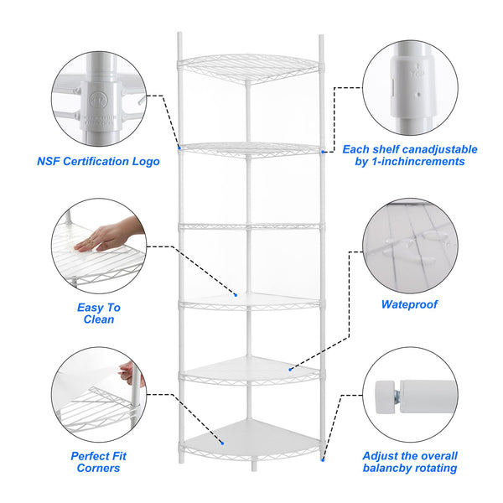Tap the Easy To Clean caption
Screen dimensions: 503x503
[99, 314]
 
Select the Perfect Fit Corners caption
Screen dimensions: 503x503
[96, 462]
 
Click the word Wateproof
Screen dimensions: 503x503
[409, 305]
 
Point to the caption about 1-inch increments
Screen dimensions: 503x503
[410, 155]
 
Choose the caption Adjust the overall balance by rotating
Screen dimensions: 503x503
[410, 462]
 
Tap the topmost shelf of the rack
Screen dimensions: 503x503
[251, 67]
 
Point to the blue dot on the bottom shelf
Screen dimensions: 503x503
[223, 443]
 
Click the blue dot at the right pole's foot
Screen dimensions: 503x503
[323, 459]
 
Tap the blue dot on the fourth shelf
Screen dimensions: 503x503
[237, 295]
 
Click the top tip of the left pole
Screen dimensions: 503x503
[179, 35]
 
